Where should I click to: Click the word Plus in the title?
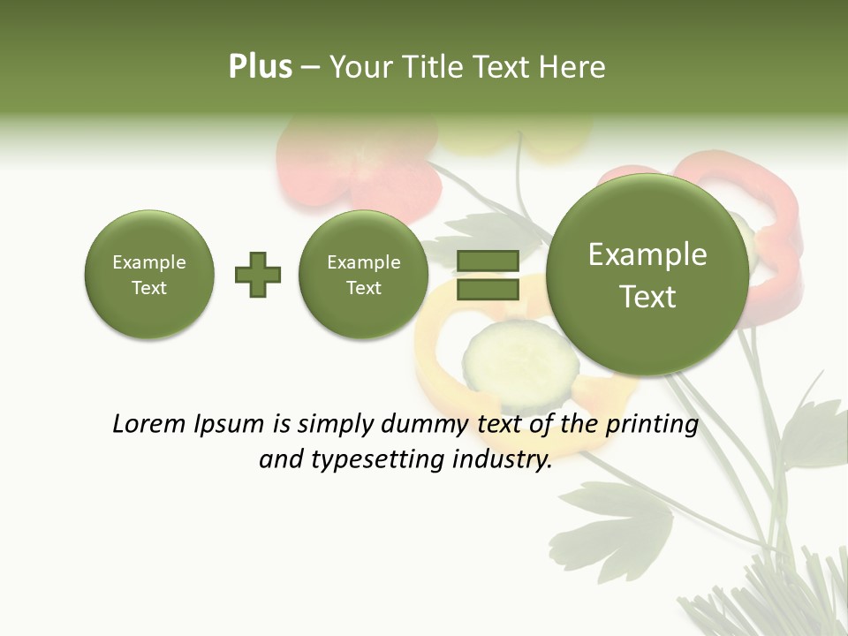point(260,67)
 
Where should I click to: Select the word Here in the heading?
point(573,67)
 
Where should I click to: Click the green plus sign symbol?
point(258,275)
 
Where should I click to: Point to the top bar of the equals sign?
point(488,261)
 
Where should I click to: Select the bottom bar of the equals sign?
point(488,288)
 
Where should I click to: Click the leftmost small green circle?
point(149,275)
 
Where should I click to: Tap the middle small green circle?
point(364,275)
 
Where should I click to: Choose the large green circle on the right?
point(647,274)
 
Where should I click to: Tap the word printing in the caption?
point(652,425)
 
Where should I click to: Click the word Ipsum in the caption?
point(231,425)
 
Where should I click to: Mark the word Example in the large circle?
point(647,254)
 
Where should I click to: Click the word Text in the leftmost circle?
point(149,288)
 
